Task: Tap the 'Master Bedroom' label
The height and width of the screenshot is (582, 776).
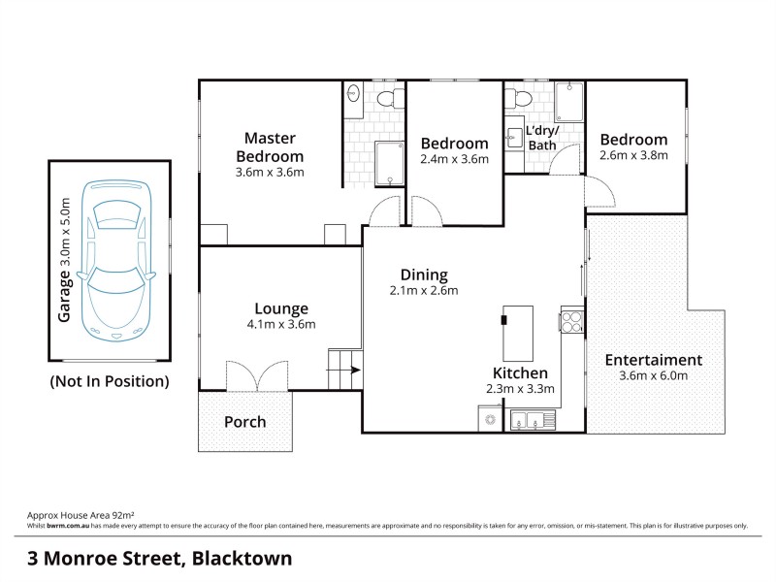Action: pyautogui.click(x=270, y=147)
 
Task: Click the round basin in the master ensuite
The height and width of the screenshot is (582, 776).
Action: pyautogui.click(x=354, y=95)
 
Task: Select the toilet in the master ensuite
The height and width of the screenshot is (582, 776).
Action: pyautogui.click(x=389, y=96)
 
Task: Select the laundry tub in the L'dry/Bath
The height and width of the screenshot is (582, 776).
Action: pyautogui.click(x=514, y=136)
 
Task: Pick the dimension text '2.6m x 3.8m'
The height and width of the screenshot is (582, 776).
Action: pyautogui.click(x=633, y=156)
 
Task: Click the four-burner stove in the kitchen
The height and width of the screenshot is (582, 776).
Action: pyautogui.click(x=571, y=321)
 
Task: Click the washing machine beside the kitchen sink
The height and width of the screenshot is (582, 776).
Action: pyautogui.click(x=491, y=419)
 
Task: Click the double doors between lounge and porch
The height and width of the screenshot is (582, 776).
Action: pyautogui.click(x=258, y=376)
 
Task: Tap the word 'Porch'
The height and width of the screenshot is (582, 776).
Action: pyautogui.click(x=244, y=422)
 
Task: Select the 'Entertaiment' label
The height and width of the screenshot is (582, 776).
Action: pyautogui.click(x=654, y=360)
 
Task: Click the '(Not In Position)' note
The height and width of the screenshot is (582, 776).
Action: pyautogui.click(x=109, y=381)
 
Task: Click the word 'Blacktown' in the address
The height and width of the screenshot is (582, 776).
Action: pyautogui.click(x=242, y=559)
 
